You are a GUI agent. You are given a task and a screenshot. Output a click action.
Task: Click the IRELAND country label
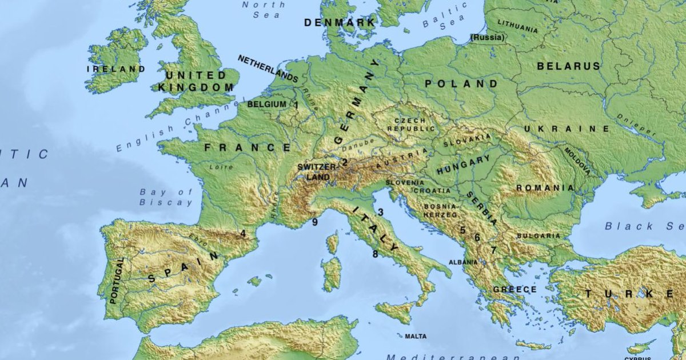pos(115,69)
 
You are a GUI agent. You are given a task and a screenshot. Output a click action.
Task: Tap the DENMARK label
pos(340,23)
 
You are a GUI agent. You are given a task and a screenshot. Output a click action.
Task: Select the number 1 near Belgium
pos(296,105)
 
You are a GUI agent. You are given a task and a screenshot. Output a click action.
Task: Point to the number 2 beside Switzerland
pos(345,162)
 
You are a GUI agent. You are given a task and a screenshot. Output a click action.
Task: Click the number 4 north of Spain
pos(243,233)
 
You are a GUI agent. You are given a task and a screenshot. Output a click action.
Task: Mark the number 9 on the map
pos(314,222)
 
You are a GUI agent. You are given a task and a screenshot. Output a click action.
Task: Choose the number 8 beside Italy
pos(375,254)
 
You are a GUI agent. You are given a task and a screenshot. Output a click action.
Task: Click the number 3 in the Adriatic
pos(380,212)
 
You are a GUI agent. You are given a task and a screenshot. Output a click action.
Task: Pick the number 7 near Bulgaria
pos(493,250)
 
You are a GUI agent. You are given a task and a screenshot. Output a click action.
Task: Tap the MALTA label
pos(416,337)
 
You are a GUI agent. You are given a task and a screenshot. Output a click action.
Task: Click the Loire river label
pos(221,167)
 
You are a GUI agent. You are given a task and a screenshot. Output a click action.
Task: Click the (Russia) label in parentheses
pos(488,38)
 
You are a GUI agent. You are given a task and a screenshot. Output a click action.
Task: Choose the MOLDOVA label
pos(577,161)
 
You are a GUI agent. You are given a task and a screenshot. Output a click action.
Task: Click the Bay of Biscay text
pos(166,197)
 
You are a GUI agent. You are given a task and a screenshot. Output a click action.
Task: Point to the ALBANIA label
pos(463,262)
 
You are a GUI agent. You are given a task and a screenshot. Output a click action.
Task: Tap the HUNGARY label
pos(463,165)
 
